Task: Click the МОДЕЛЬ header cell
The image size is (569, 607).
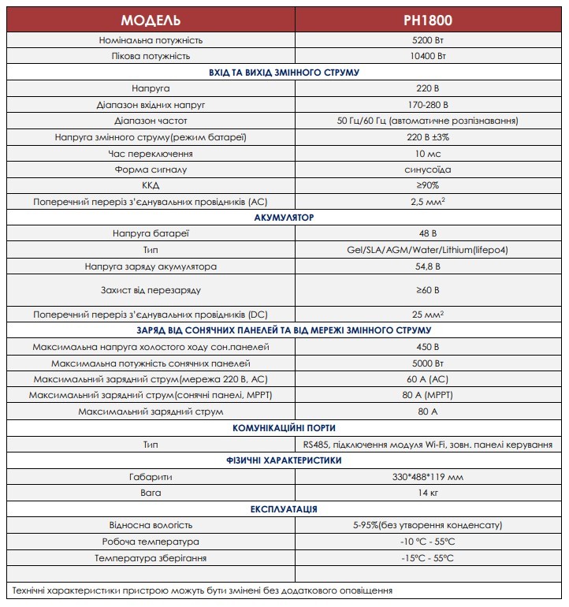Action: click(151, 19)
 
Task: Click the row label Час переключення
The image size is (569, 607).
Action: click(151, 153)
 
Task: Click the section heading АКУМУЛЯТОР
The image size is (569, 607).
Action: click(284, 217)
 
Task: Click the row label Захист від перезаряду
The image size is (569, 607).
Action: click(151, 289)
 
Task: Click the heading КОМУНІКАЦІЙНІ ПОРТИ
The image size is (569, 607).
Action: click(284, 427)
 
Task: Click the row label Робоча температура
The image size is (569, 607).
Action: click(151, 542)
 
